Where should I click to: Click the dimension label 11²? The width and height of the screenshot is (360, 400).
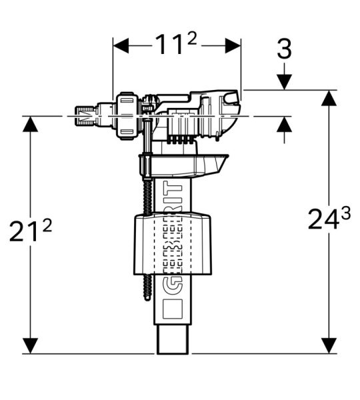tap(176, 45)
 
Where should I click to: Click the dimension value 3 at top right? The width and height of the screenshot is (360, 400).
tap(284, 49)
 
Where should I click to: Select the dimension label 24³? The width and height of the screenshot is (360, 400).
tap(329, 218)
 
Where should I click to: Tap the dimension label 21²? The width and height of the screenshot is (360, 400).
tap(31, 231)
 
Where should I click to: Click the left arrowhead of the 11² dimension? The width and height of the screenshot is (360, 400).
tap(121, 46)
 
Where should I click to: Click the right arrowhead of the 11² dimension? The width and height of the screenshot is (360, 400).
tap(233, 46)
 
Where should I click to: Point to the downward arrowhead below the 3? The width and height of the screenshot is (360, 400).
tap(285, 82)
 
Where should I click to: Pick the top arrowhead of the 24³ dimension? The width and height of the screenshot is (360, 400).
tap(329, 98)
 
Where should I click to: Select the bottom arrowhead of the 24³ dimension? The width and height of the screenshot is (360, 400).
tap(329, 345)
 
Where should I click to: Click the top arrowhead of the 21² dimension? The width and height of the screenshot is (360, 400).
tap(31, 124)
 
